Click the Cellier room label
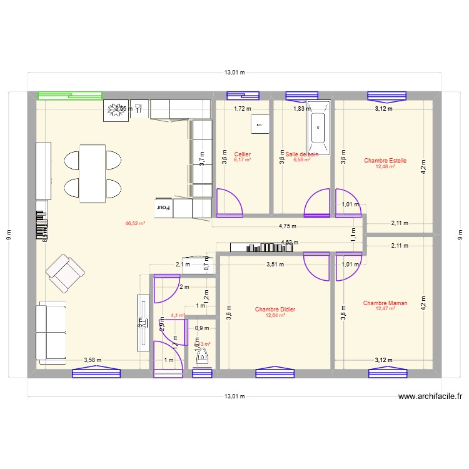tap(242, 154)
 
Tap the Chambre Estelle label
tap(385, 161)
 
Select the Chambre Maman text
tap(385, 303)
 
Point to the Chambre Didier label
tap(275, 310)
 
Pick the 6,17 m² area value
tap(242, 160)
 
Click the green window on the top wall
tap(70, 96)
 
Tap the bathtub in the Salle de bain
tap(318, 128)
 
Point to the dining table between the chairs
tap(93, 173)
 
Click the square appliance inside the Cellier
tap(259, 124)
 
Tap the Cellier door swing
tap(228, 203)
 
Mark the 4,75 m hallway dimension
tap(288, 227)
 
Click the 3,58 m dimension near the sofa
tap(93, 360)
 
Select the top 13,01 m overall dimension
tap(234, 73)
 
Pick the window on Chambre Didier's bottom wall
tap(275, 373)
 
